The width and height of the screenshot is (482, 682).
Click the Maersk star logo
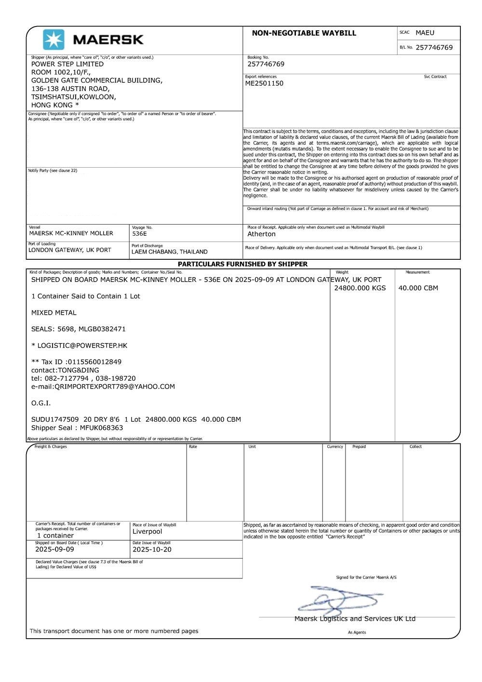[x=54, y=40]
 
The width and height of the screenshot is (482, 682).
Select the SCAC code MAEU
[x=425, y=33]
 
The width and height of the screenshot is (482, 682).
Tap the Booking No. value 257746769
[x=266, y=64]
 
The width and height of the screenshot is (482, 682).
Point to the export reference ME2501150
[x=264, y=83]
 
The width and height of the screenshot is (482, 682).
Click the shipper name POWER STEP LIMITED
[x=67, y=64]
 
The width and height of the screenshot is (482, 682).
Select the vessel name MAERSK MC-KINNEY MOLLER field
[x=71, y=233]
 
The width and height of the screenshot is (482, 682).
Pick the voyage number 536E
[x=139, y=234]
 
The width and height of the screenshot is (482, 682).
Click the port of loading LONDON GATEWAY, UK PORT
[x=69, y=250]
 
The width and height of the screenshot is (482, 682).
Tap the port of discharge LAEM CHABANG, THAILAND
[x=169, y=252]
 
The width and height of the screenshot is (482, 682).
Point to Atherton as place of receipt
[x=261, y=234]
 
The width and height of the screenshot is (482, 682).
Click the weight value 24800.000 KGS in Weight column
[x=360, y=288]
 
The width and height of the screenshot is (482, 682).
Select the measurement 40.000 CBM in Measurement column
[x=418, y=288]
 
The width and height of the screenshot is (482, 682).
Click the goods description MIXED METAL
[x=54, y=313]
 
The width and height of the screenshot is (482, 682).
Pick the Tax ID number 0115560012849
[x=94, y=362]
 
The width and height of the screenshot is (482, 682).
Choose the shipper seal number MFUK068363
[x=101, y=428]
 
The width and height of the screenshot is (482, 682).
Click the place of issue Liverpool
[x=147, y=532]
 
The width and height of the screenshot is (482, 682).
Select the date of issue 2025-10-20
[x=152, y=549]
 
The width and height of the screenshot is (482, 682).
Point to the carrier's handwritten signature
[x=337, y=600]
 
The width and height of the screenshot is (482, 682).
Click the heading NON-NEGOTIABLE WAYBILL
[x=304, y=33]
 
